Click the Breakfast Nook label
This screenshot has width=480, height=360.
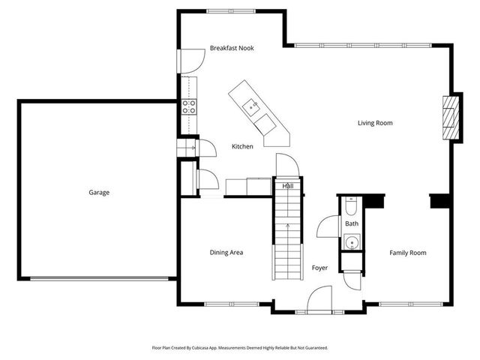tap(232, 48)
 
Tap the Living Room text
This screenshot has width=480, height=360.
tap(375, 123)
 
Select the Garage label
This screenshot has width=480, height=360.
tap(99, 193)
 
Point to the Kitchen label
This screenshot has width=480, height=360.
tap(241, 146)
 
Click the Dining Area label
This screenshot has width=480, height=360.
tap(226, 253)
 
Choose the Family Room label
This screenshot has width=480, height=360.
tap(407, 253)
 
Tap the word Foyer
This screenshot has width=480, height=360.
tap(320, 268)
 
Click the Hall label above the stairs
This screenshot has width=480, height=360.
tap(287, 186)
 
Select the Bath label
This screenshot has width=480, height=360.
tap(352, 223)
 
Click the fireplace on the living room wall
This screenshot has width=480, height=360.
tap(449, 117)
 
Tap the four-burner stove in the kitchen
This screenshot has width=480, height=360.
tap(189, 106)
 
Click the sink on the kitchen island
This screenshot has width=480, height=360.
tap(253, 106)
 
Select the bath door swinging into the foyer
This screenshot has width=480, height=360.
tap(328, 226)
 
